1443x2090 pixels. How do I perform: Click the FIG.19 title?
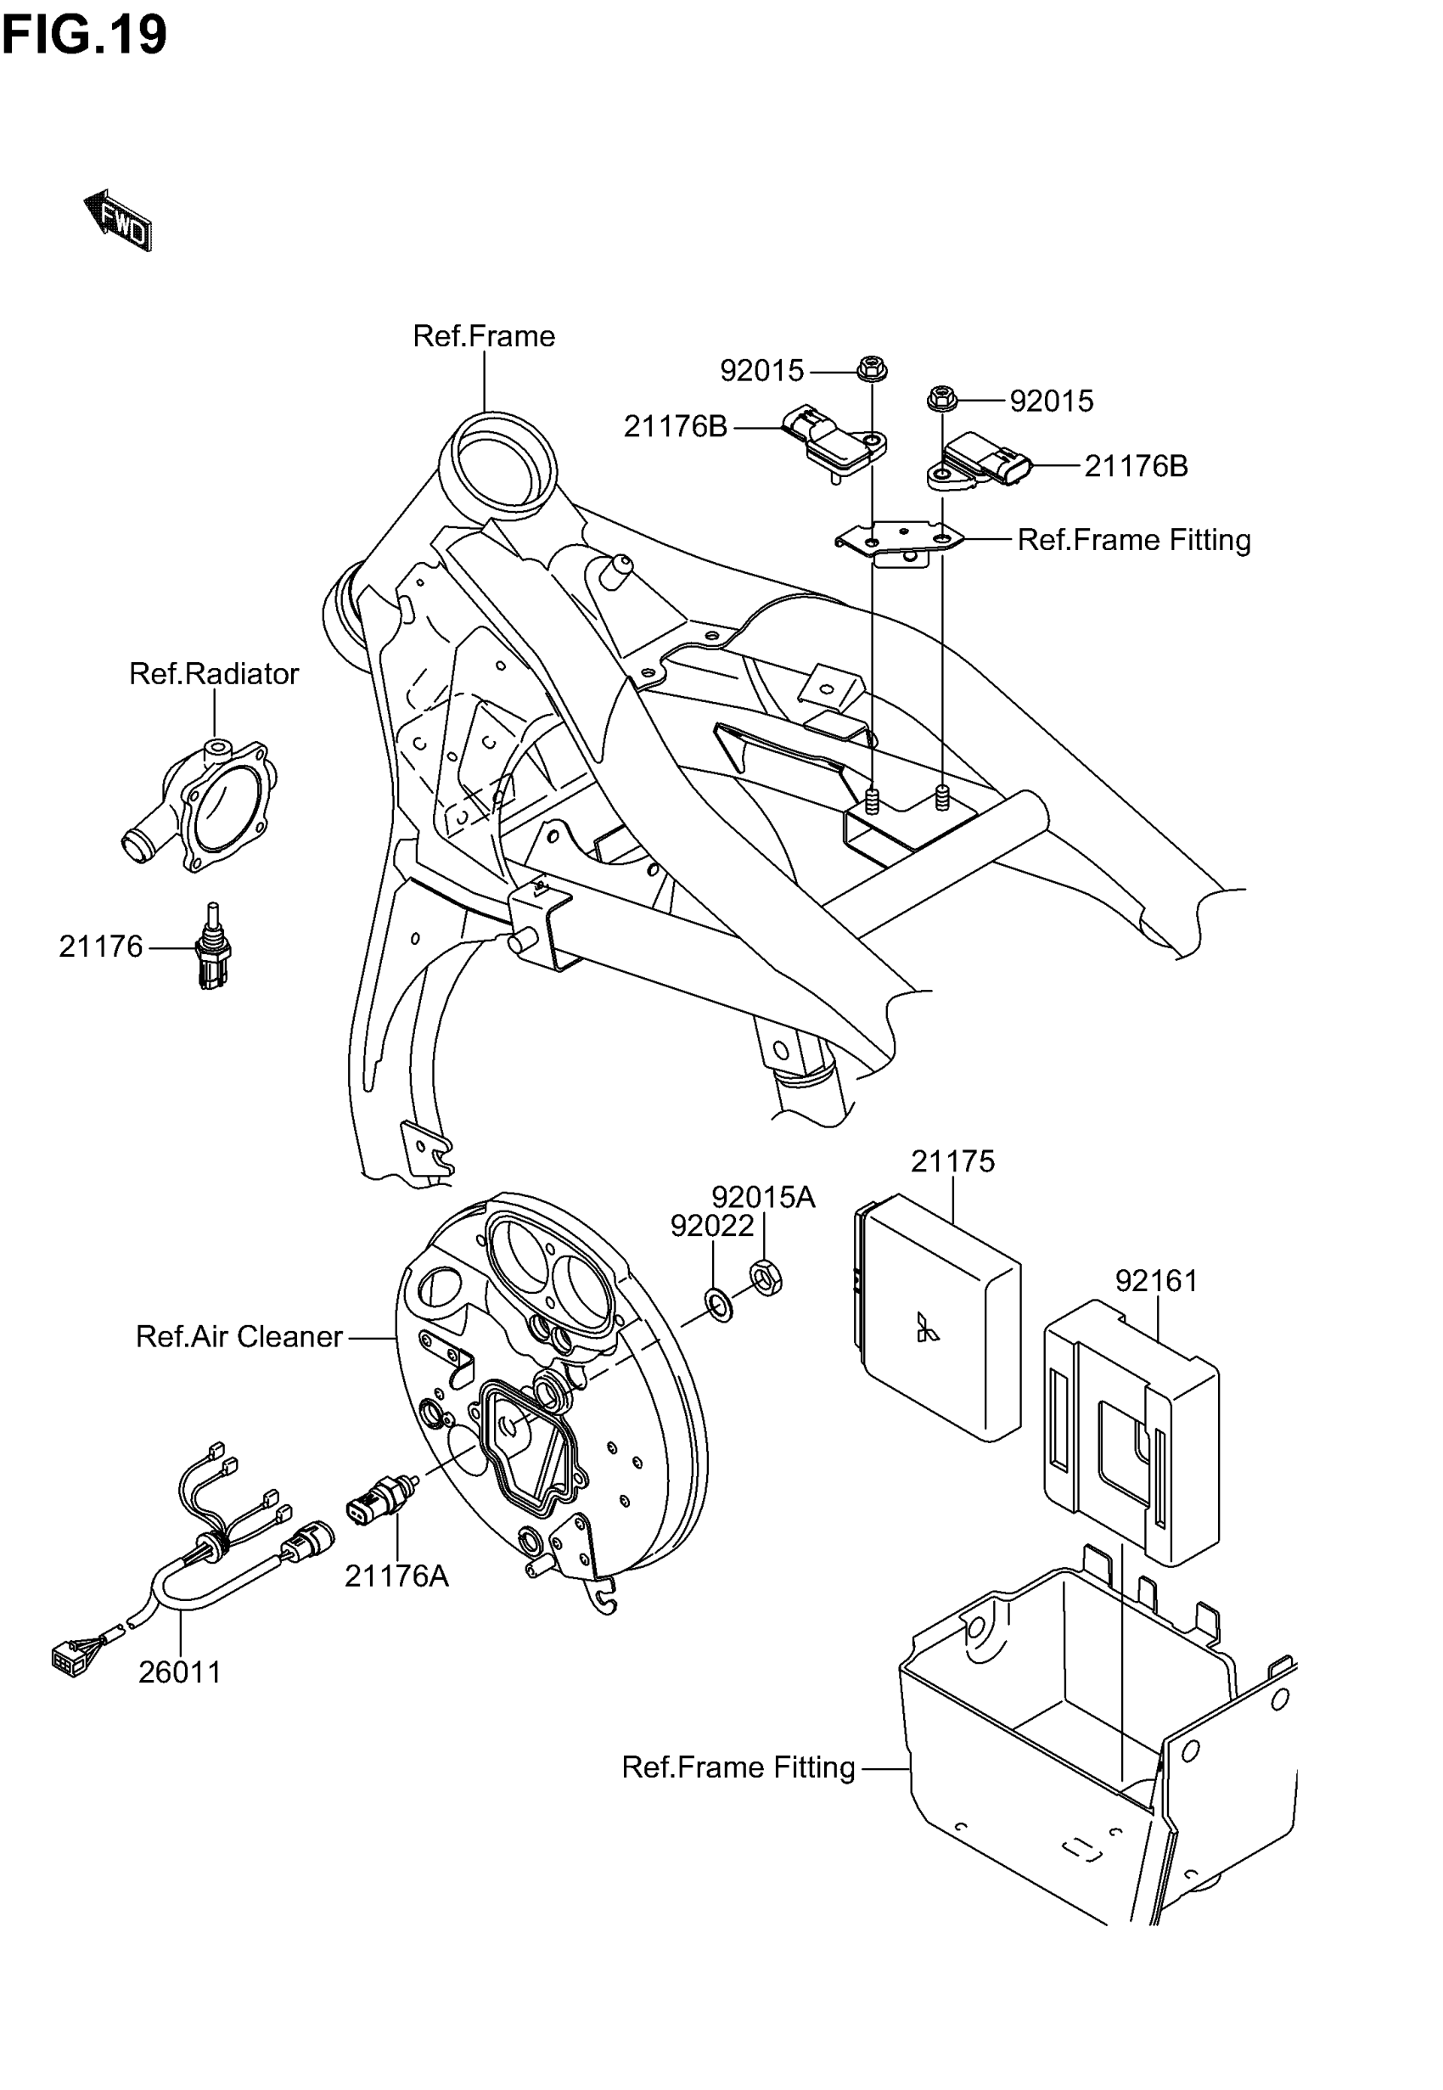(x=84, y=34)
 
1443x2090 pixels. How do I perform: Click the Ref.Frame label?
(x=484, y=336)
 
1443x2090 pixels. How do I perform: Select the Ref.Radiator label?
(x=213, y=673)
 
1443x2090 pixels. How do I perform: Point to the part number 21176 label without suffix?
(x=100, y=947)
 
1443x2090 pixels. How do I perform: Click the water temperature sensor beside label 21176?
(x=213, y=948)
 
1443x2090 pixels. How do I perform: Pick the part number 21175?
(x=952, y=1160)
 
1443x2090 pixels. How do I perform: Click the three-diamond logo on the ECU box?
(x=927, y=1327)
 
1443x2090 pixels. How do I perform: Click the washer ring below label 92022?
(x=720, y=1306)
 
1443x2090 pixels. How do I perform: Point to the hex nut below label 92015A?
(x=766, y=1279)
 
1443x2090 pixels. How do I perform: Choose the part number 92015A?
(x=763, y=1197)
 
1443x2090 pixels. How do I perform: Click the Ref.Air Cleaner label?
(x=239, y=1336)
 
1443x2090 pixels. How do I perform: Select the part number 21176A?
(x=396, y=1576)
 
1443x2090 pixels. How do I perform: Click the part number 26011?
(x=180, y=1672)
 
